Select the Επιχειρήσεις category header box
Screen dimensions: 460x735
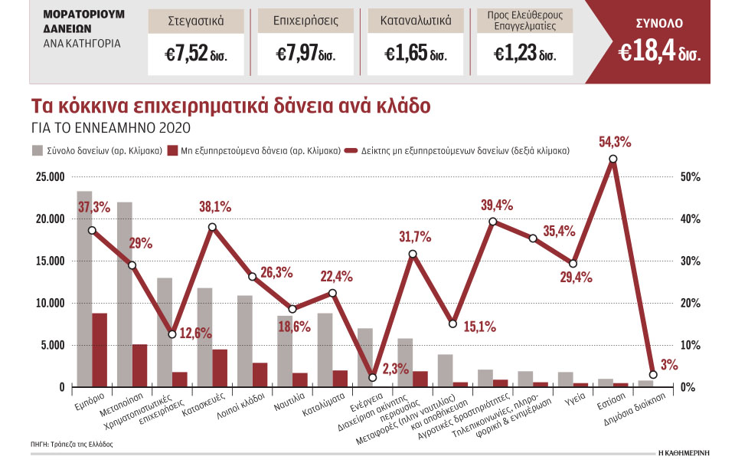304,21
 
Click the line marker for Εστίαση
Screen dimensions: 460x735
612,159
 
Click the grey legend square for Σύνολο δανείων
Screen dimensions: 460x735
38,151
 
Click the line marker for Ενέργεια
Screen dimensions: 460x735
373,377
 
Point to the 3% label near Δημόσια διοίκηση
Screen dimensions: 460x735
669,365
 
